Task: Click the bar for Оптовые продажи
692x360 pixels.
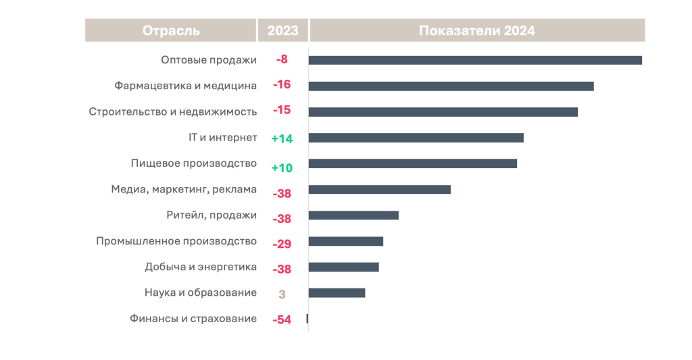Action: coord(475,60)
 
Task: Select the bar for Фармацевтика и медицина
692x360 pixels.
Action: coord(451,86)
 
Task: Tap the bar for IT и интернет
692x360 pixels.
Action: coord(416,138)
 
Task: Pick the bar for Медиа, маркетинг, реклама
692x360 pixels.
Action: coord(379,189)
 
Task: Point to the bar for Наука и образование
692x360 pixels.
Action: coord(337,292)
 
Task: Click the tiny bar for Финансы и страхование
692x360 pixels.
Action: coord(307,318)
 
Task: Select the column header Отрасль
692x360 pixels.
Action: coord(171,30)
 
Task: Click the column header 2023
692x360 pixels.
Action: coord(282,30)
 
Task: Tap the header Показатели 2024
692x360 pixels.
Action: coord(476,30)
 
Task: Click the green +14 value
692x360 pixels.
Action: coord(282,138)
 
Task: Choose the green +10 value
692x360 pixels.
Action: coord(282,168)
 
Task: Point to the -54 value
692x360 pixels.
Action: coord(282,319)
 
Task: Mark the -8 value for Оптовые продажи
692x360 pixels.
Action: coord(282,59)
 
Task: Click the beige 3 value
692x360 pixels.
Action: coord(282,294)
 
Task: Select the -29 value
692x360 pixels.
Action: coord(282,244)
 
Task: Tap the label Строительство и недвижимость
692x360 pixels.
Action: coord(173,111)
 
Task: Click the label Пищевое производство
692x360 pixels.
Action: coord(193,163)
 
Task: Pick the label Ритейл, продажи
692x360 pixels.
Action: coord(212,215)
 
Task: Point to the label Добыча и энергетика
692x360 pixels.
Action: coord(201,267)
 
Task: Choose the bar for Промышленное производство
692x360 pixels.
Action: coord(346,241)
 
